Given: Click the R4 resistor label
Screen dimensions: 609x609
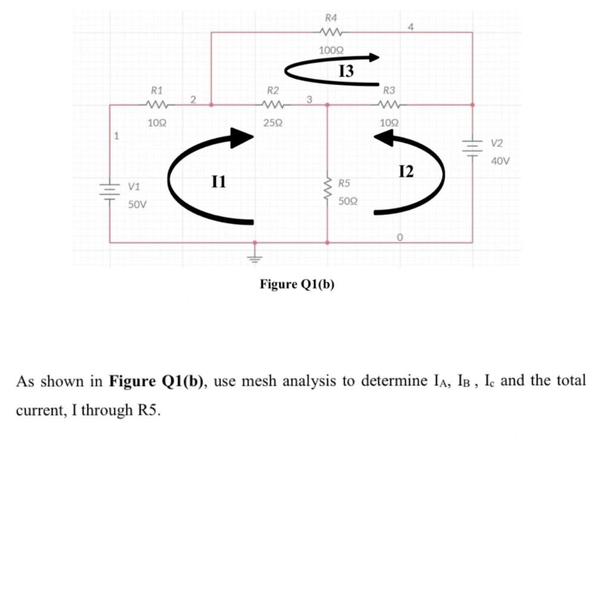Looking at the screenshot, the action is pyautogui.click(x=329, y=17).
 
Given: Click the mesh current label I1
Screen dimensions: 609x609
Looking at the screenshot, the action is pyautogui.click(x=219, y=181).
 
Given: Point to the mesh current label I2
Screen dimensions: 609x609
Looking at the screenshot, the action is pyautogui.click(x=406, y=172).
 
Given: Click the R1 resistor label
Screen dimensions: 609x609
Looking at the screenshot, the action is pyautogui.click(x=157, y=91).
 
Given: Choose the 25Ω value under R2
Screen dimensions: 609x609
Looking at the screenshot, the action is pyautogui.click(x=272, y=123).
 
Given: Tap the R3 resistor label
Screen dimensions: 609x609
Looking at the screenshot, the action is pyautogui.click(x=389, y=91).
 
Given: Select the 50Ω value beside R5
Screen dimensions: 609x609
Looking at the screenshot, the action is pyautogui.click(x=348, y=202).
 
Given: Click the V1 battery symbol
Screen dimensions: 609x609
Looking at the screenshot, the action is pyautogui.click(x=110, y=192).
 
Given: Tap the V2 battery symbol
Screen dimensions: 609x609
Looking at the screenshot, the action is pyautogui.click(x=473, y=146).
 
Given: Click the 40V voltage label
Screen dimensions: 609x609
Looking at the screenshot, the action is pyautogui.click(x=500, y=161).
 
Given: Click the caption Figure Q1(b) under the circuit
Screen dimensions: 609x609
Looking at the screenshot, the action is pyautogui.click(x=297, y=284).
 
